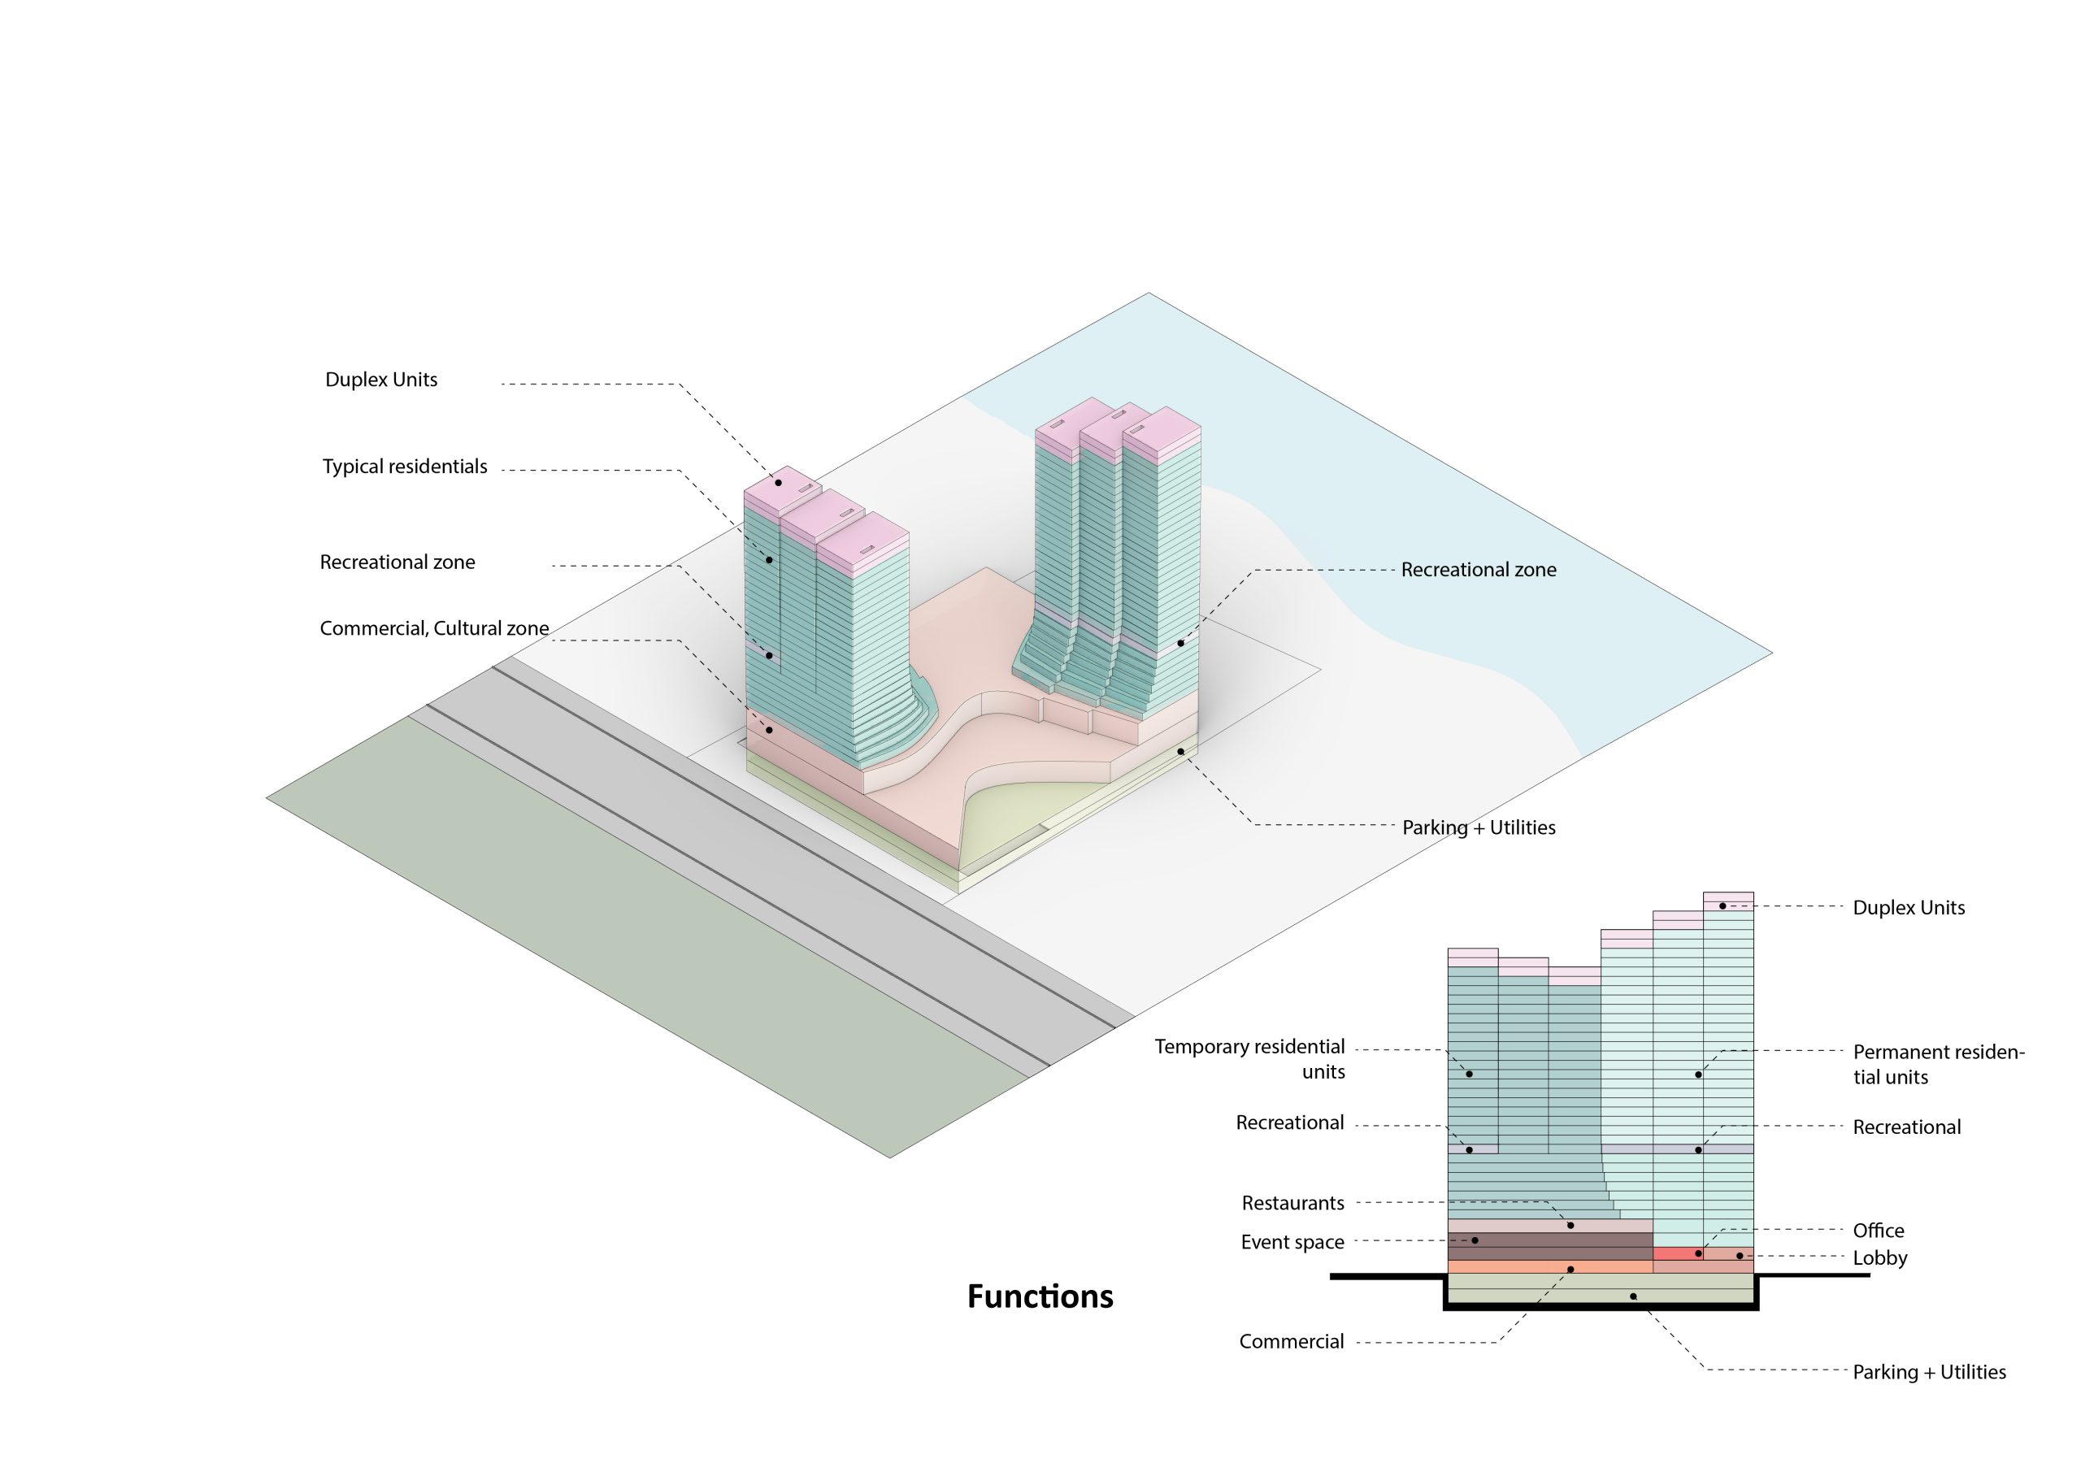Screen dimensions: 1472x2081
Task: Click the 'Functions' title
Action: pos(1040,1296)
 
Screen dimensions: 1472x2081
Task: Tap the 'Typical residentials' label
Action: pos(404,467)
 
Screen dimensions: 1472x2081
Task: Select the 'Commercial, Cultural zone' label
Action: pos(434,628)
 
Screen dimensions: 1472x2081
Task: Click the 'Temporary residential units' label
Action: pos(1250,1058)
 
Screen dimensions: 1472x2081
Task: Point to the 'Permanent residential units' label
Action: pos(1938,1064)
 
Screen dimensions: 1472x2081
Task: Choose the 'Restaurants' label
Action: pos(1292,1203)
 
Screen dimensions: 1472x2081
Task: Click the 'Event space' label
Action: pos(1292,1242)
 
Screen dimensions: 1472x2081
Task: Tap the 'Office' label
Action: pos(1878,1230)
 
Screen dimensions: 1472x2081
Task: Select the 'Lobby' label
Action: pos(1879,1257)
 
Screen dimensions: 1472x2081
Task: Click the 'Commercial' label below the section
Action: pos(1291,1341)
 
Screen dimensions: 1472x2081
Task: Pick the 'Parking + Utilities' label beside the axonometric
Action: pos(1479,827)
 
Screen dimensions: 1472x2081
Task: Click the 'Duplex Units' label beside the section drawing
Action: pos(1908,907)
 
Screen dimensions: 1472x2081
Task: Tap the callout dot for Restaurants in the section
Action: pos(1571,1226)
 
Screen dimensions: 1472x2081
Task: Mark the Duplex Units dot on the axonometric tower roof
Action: pos(778,482)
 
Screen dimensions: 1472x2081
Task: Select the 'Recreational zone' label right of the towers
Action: pos(1479,569)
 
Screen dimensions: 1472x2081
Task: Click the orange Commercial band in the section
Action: pos(1540,1267)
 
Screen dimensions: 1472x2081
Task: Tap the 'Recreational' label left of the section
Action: pos(1289,1122)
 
